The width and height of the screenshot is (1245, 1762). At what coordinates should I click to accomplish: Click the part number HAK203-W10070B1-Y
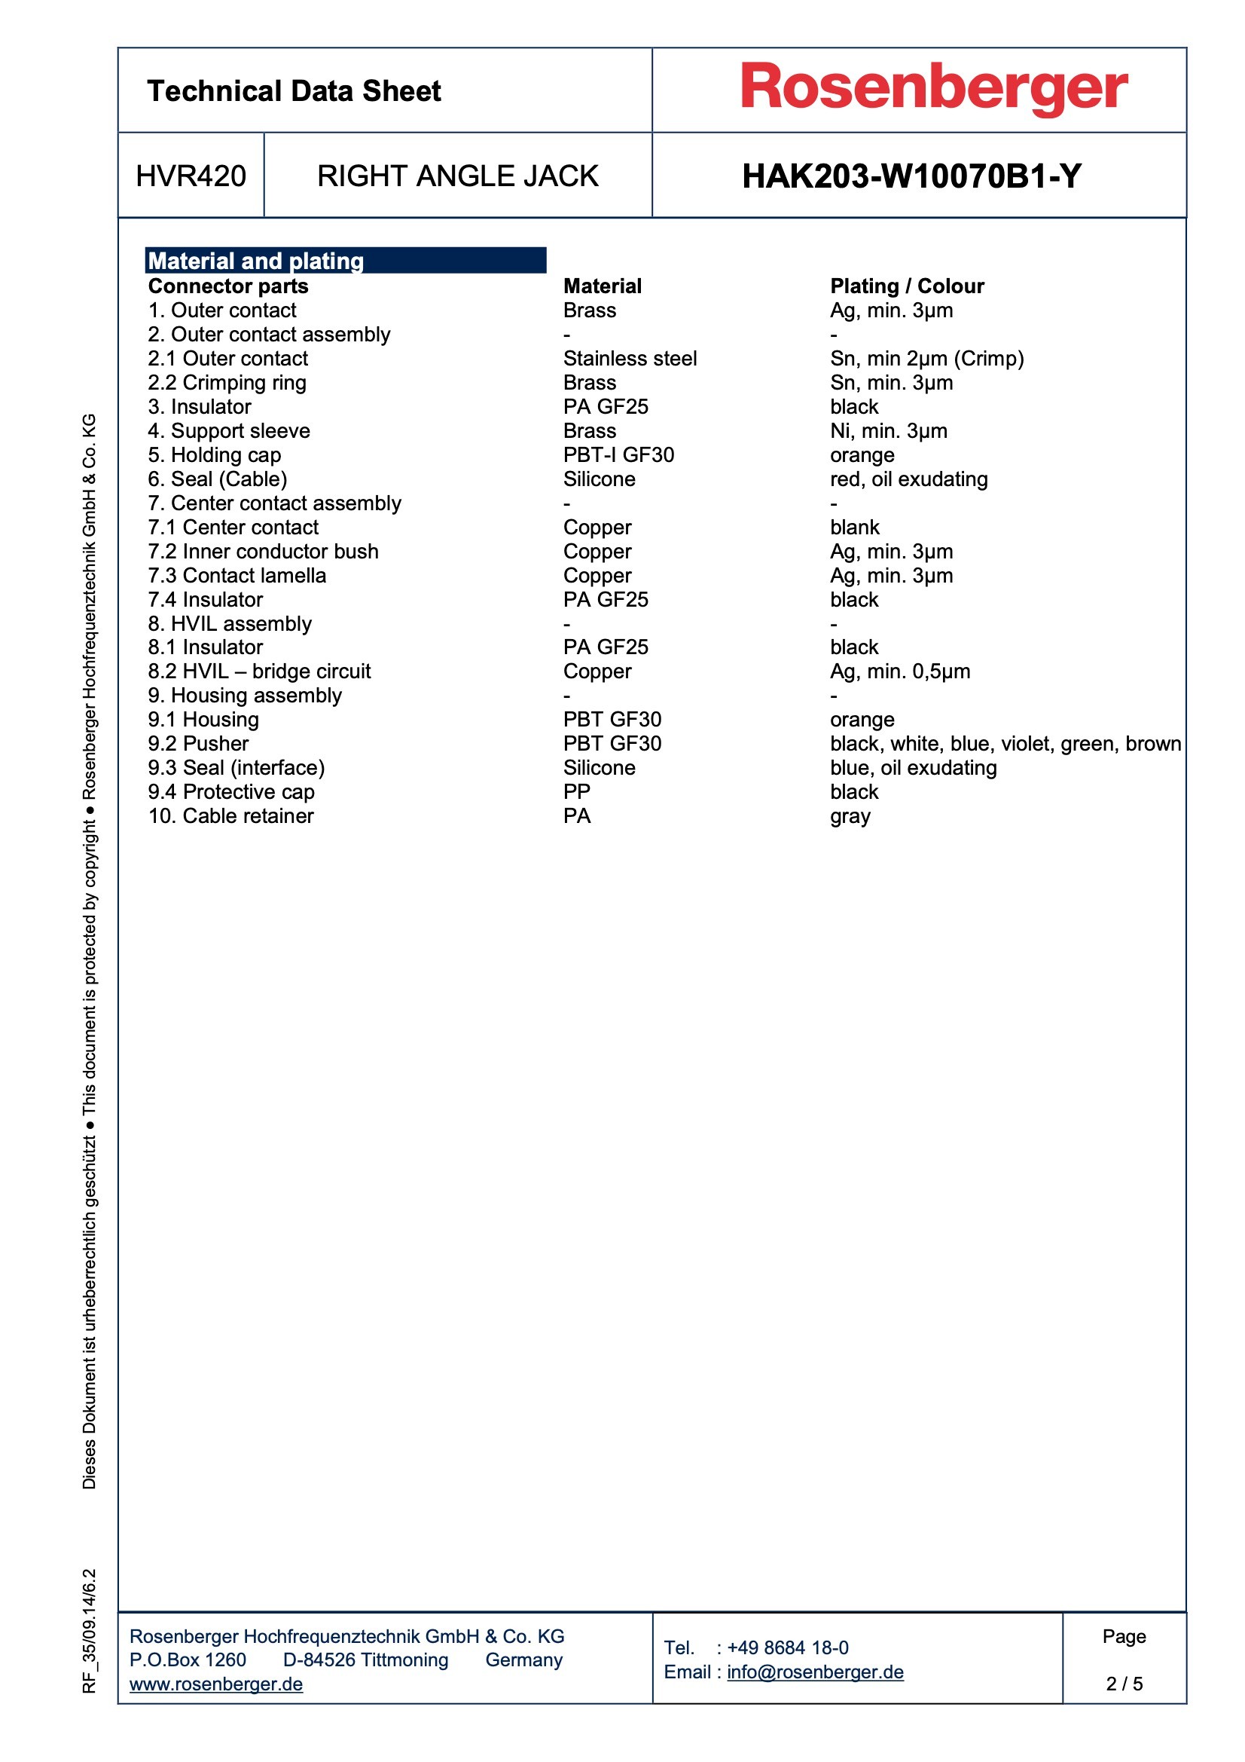911,176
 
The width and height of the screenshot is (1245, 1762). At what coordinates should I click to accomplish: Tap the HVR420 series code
191,176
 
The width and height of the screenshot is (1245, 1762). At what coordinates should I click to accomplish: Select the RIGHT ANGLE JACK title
457,176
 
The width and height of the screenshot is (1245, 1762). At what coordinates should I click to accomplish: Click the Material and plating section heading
255,261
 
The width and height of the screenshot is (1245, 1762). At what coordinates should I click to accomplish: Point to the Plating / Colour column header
907,286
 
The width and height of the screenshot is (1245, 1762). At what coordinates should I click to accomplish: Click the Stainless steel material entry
630,359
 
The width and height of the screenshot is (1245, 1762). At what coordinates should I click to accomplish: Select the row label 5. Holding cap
215,455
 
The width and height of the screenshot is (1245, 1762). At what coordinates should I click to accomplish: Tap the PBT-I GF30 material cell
618,455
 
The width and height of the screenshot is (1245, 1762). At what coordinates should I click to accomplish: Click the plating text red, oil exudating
908,479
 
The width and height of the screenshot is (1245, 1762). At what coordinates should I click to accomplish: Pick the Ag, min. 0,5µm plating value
900,671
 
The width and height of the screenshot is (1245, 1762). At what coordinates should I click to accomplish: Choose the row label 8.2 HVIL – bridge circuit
259,671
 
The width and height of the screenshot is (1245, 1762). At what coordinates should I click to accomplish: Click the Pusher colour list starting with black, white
1005,744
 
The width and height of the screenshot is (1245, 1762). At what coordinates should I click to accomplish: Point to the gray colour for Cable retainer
850,815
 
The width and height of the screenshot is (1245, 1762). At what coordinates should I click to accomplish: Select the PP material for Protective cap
577,792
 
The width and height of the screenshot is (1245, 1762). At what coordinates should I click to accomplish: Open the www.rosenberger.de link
216,1684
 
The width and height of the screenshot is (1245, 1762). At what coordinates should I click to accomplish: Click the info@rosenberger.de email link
815,1672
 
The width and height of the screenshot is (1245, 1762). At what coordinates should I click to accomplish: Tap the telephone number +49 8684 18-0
787,1647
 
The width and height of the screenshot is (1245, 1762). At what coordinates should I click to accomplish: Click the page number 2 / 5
1124,1684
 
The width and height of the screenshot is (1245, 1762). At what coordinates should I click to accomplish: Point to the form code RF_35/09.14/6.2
90,1630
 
